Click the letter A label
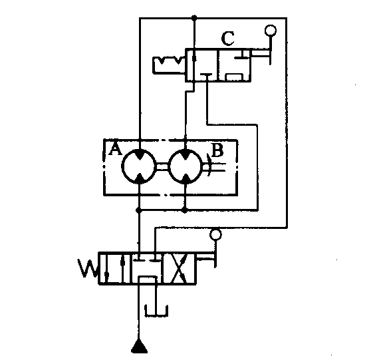[x=116, y=149]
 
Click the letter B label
[x=217, y=150]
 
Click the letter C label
[x=228, y=39]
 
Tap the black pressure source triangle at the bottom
[x=139, y=347]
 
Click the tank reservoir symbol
[x=156, y=311]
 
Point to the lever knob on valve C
[x=271, y=31]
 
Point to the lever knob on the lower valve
[x=216, y=234]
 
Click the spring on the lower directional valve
[x=88, y=269]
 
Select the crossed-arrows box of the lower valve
[x=180, y=268]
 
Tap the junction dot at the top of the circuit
[x=194, y=17]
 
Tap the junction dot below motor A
[x=139, y=210]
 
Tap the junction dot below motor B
[x=185, y=210]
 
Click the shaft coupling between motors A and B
[x=162, y=166]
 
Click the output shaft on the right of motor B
[x=214, y=167]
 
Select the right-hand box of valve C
[x=235, y=65]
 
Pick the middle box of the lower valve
[x=147, y=268]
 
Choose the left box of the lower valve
[x=115, y=268]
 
